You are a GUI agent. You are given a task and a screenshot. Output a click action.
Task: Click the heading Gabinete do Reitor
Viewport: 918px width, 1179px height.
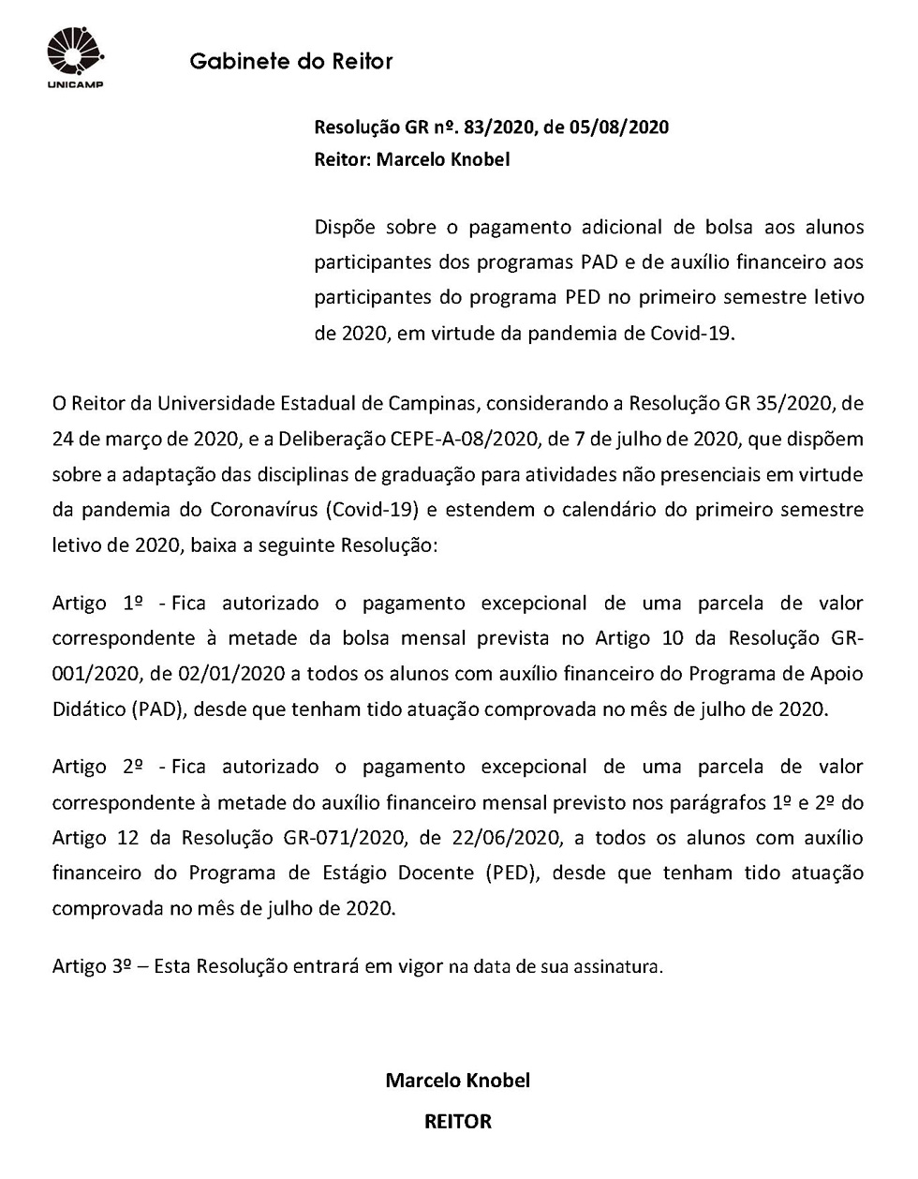click(x=290, y=62)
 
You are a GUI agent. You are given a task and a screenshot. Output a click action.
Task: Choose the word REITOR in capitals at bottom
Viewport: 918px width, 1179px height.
click(x=458, y=1121)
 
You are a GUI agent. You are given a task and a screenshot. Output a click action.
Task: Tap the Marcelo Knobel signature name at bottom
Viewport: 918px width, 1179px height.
click(x=458, y=1080)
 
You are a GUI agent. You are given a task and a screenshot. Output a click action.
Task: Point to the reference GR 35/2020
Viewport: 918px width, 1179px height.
click(x=779, y=403)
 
